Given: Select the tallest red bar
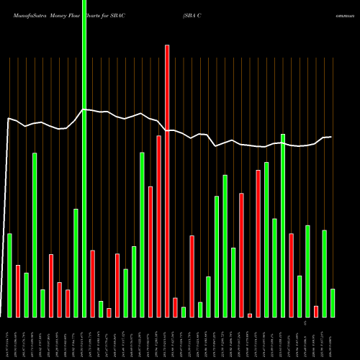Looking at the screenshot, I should point(167,181).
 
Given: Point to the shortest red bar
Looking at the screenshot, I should point(250,315).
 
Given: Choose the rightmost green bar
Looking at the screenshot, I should point(333,302).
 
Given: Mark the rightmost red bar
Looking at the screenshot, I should point(316,311).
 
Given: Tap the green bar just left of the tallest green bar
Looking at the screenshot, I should point(76,263).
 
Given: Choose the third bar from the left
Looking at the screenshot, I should point(26,295).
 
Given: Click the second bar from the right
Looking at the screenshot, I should point(324,274).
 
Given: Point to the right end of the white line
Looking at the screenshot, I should point(331,137).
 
